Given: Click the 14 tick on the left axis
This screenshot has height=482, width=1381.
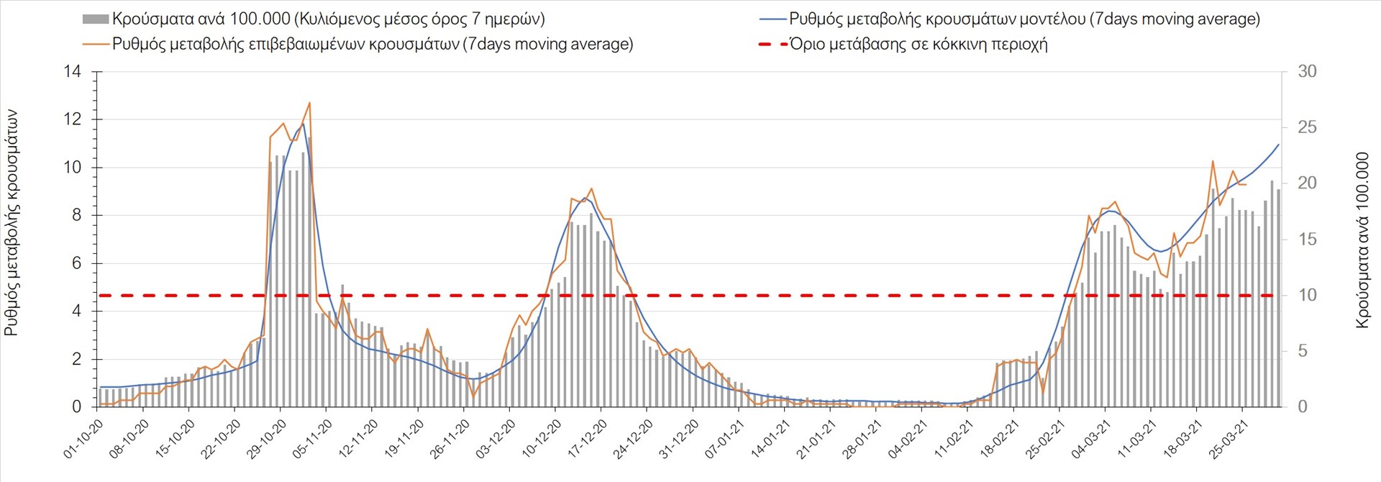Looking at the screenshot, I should pyautogui.click(x=72, y=71).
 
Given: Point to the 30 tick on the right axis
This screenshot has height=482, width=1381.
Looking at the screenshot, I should pyautogui.click(x=1307, y=71).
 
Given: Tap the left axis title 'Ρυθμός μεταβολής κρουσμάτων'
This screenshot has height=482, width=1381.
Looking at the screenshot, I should pyautogui.click(x=12, y=223).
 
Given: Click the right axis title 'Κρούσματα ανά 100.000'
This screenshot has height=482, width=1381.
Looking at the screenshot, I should pyautogui.click(x=1362, y=240).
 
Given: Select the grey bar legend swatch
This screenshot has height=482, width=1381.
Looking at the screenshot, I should pyautogui.click(x=96, y=19).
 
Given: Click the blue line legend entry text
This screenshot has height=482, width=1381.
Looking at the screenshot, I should pyautogui.click(x=1024, y=19).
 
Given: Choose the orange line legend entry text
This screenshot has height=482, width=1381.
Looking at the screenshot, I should pyautogui.click(x=373, y=44).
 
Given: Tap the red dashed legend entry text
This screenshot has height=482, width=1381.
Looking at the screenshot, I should pyautogui.click(x=919, y=44).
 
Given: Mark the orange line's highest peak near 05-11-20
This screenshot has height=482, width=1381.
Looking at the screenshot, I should pyautogui.click(x=309, y=103).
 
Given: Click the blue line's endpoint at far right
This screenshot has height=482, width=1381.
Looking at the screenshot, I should pyautogui.click(x=1279, y=145).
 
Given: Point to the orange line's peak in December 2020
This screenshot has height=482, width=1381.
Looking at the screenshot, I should pyautogui.click(x=591, y=188).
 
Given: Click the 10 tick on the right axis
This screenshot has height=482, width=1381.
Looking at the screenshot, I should pyautogui.click(x=1307, y=295).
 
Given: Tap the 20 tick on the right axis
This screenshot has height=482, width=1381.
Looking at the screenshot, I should pyautogui.click(x=1307, y=183).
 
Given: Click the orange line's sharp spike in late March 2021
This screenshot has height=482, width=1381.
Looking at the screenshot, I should pyautogui.click(x=1213, y=161).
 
